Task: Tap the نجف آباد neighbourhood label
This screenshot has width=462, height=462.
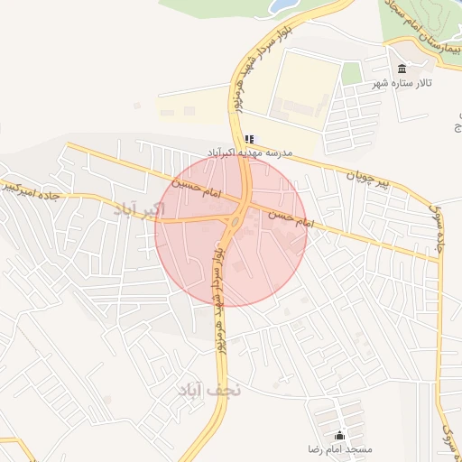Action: click(206, 390)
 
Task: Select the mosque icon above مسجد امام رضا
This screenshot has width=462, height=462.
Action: click(340, 435)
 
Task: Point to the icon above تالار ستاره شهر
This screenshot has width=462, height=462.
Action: click(402, 69)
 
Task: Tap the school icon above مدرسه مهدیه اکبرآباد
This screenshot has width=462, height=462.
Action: click(249, 139)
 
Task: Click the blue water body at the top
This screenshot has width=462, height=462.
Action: click(283, 6)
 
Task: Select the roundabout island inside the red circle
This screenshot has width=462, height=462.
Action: click(236, 217)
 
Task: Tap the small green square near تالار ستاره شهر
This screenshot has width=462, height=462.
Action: click(351, 74)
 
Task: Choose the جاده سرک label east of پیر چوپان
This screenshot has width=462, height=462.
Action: click(442, 226)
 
